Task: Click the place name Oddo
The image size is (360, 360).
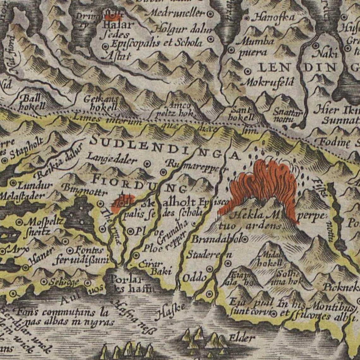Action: point(195,278)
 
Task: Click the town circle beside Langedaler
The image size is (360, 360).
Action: point(147,163)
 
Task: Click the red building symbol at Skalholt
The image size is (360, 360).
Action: point(123,202)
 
